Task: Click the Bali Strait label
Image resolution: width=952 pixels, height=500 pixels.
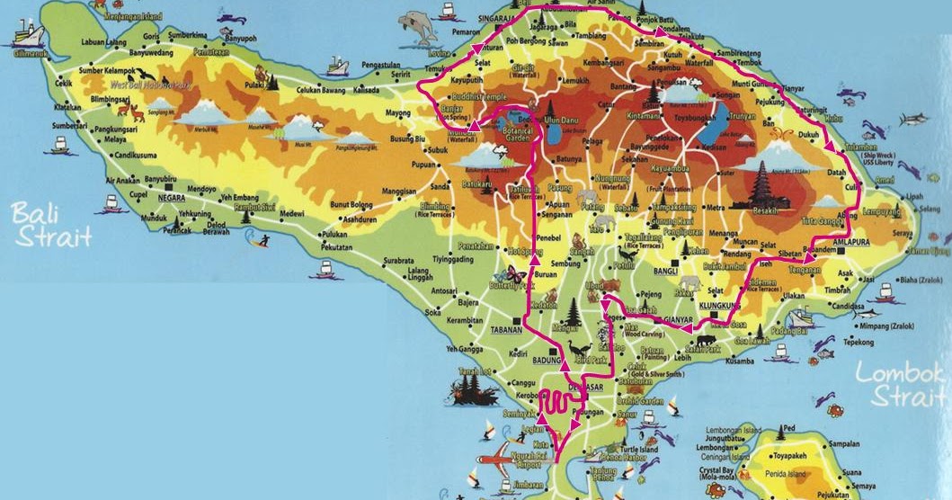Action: click(x=51, y=224)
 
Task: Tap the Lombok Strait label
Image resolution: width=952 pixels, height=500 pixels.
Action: click(x=899, y=384)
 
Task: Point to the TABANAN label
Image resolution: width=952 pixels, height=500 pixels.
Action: click(x=506, y=330)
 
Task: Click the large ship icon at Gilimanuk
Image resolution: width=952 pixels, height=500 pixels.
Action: click(x=28, y=34)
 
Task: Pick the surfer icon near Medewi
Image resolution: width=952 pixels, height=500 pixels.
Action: click(x=262, y=241)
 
